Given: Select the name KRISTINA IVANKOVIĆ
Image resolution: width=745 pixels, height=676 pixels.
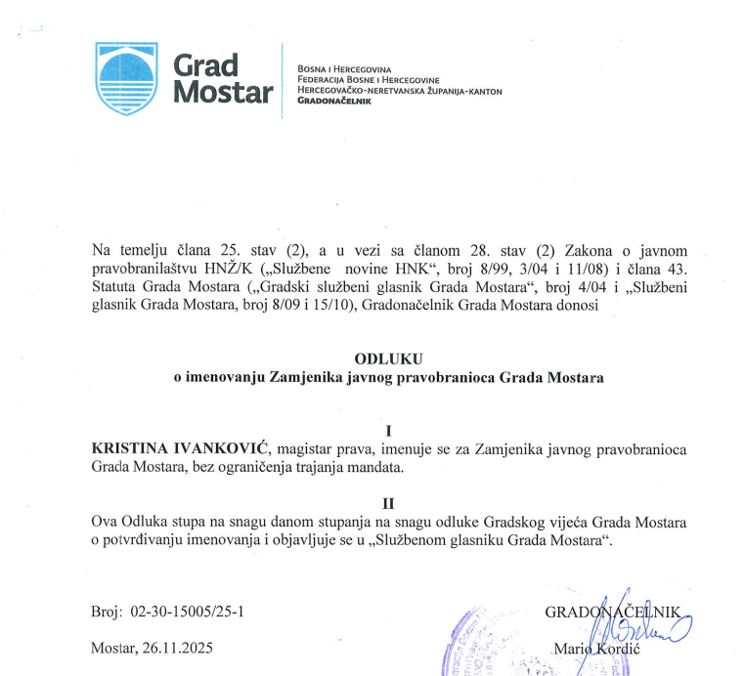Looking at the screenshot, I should coord(180,447).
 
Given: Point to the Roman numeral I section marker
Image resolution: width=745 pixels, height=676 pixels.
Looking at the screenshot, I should coord(389,429).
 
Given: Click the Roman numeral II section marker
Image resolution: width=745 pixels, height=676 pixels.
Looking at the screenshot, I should coord(388,503).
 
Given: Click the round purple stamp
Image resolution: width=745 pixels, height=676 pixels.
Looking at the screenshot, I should coord(484,645).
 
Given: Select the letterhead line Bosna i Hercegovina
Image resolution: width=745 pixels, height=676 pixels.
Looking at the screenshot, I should coord(343,70).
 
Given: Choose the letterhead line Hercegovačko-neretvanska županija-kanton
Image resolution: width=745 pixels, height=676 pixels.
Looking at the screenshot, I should coord(400,91).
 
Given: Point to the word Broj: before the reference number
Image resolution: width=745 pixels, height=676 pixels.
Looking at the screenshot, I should coord(105,612).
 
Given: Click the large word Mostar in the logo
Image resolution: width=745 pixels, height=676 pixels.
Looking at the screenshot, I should coord(223,93).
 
